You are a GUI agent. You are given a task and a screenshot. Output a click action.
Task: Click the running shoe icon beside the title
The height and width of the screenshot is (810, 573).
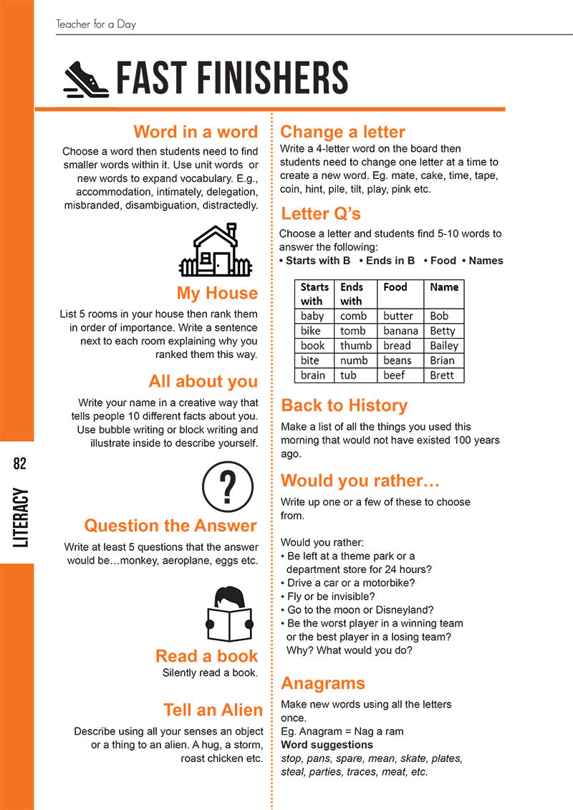click(86, 79)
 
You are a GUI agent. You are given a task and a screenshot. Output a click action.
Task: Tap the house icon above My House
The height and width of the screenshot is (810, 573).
click(215, 250)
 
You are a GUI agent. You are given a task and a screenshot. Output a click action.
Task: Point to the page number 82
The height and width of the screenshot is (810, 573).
click(19, 463)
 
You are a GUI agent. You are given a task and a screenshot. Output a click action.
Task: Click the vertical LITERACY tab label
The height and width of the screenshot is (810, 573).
click(20, 518)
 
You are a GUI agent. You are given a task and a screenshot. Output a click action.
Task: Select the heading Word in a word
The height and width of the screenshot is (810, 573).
click(195, 132)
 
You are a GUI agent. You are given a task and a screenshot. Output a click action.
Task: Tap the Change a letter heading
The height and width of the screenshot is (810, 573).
click(342, 132)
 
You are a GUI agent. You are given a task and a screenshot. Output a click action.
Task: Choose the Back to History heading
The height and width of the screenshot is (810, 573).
click(344, 405)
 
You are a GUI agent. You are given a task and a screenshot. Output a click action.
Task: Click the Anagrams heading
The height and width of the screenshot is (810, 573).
click(323, 683)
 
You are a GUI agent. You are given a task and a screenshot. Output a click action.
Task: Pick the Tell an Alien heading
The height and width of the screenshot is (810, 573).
click(213, 710)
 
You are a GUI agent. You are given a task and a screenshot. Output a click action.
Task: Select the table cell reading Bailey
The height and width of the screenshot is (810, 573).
click(443, 346)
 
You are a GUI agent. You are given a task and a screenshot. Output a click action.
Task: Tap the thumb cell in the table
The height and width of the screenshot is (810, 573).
click(355, 346)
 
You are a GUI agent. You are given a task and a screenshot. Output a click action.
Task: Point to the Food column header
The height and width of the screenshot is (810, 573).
click(395, 287)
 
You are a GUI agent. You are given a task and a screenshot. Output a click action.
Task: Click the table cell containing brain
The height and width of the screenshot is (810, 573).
click(313, 375)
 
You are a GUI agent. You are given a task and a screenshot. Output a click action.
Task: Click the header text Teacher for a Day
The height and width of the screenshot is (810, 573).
click(96, 24)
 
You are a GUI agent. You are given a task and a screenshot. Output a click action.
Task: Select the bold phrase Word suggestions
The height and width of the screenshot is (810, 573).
click(327, 745)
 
